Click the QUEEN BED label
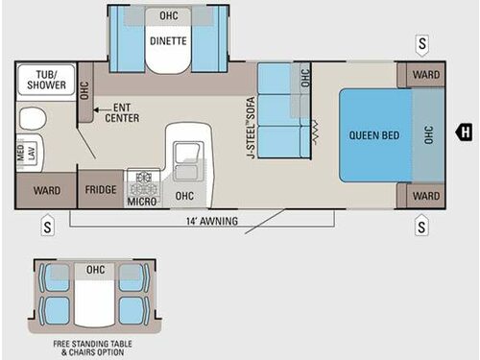(x=373, y=135)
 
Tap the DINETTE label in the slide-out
(x=169, y=40)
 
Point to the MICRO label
(x=142, y=203)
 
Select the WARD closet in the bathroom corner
(x=46, y=191)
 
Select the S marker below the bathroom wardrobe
(x=46, y=227)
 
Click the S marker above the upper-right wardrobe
(x=421, y=44)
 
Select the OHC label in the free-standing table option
(x=94, y=270)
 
